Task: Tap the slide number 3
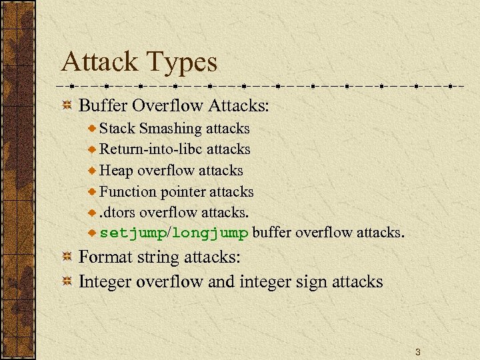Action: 417,351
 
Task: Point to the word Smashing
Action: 171,128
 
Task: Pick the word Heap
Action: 117,171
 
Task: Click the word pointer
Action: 183,192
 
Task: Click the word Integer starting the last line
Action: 105,281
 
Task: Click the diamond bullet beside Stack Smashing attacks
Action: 93,128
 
